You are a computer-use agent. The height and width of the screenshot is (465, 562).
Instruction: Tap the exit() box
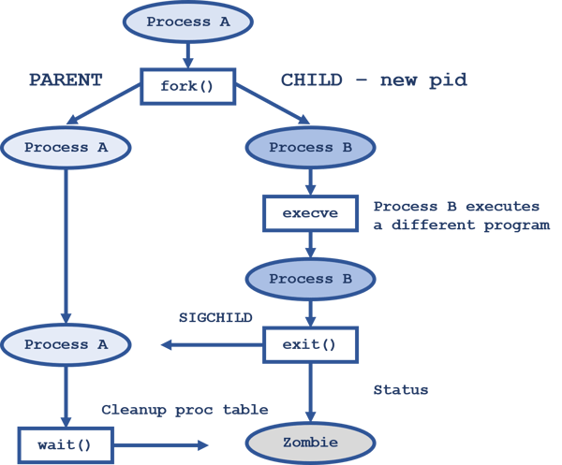310,344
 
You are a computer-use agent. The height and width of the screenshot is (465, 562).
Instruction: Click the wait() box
65,443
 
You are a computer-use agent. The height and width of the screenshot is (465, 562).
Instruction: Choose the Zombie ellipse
310,443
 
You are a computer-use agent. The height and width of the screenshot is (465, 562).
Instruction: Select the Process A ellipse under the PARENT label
66,147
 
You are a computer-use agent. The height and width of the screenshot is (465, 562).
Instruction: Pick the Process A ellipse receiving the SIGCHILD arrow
66,344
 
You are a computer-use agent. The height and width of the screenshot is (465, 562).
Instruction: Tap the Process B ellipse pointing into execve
310,147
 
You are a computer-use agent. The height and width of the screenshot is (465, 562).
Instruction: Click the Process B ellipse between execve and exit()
310,279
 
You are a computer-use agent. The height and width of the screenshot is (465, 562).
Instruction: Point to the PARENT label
65,80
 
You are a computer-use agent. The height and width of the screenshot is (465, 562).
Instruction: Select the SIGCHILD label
215,317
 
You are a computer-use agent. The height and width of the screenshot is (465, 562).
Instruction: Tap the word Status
401,389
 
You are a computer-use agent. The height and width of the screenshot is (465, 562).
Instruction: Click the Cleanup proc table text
185,410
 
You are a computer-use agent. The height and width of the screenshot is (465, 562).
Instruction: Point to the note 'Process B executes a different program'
462,215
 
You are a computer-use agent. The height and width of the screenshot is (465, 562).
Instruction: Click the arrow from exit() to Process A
211,345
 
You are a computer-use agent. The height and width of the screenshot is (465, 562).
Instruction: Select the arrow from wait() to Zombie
159,444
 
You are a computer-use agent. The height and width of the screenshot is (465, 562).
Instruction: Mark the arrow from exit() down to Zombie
310,393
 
